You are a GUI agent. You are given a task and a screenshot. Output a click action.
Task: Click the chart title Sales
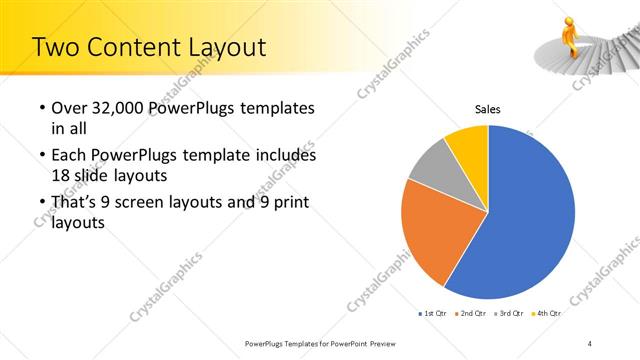(x=487, y=109)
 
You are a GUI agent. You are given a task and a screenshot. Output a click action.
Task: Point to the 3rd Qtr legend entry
(x=509, y=314)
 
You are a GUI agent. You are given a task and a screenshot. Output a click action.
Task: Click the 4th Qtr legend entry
(x=546, y=314)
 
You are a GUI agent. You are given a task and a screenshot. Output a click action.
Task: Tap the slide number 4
(x=590, y=344)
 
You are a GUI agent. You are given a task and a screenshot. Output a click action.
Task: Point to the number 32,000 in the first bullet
(x=124, y=108)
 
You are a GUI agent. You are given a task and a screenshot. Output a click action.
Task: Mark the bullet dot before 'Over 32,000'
(x=41, y=109)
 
